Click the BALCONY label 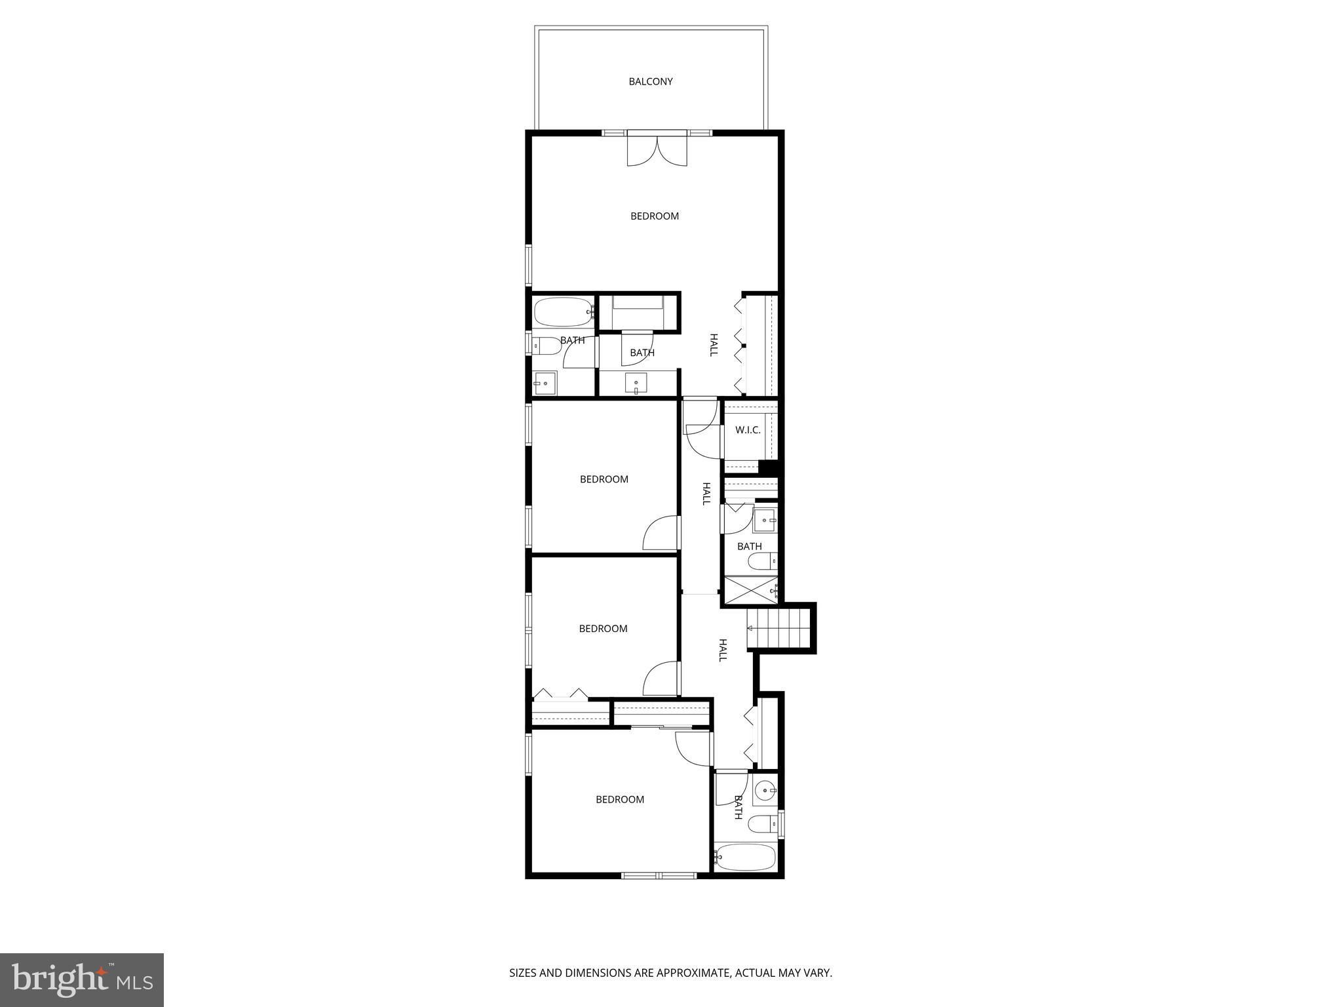[651, 82]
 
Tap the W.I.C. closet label [748, 430]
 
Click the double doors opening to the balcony [658, 149]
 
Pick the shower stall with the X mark [750, 589]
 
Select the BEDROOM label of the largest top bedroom [655, 216]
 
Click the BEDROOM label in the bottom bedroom [619, 800]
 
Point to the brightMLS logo [82, 979]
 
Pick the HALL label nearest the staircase [723, 650]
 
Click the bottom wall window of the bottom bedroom [659, 875]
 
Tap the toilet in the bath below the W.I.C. [763, 561]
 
